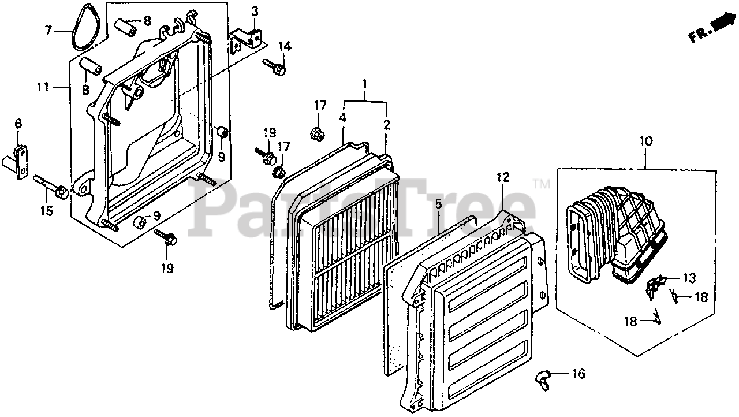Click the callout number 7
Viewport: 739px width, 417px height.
48,29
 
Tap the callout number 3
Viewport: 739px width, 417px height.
255,11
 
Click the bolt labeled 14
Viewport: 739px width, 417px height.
275,67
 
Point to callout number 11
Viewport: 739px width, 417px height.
42,88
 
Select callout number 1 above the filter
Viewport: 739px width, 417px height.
365,85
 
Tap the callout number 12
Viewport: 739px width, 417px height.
502,177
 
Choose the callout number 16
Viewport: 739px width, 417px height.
578,374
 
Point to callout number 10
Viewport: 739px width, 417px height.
645,140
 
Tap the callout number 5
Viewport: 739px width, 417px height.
438,203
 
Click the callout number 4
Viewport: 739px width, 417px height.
342,117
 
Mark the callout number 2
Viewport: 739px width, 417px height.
386,125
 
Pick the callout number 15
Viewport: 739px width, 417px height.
46,211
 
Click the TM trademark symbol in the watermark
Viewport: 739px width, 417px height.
542,184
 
